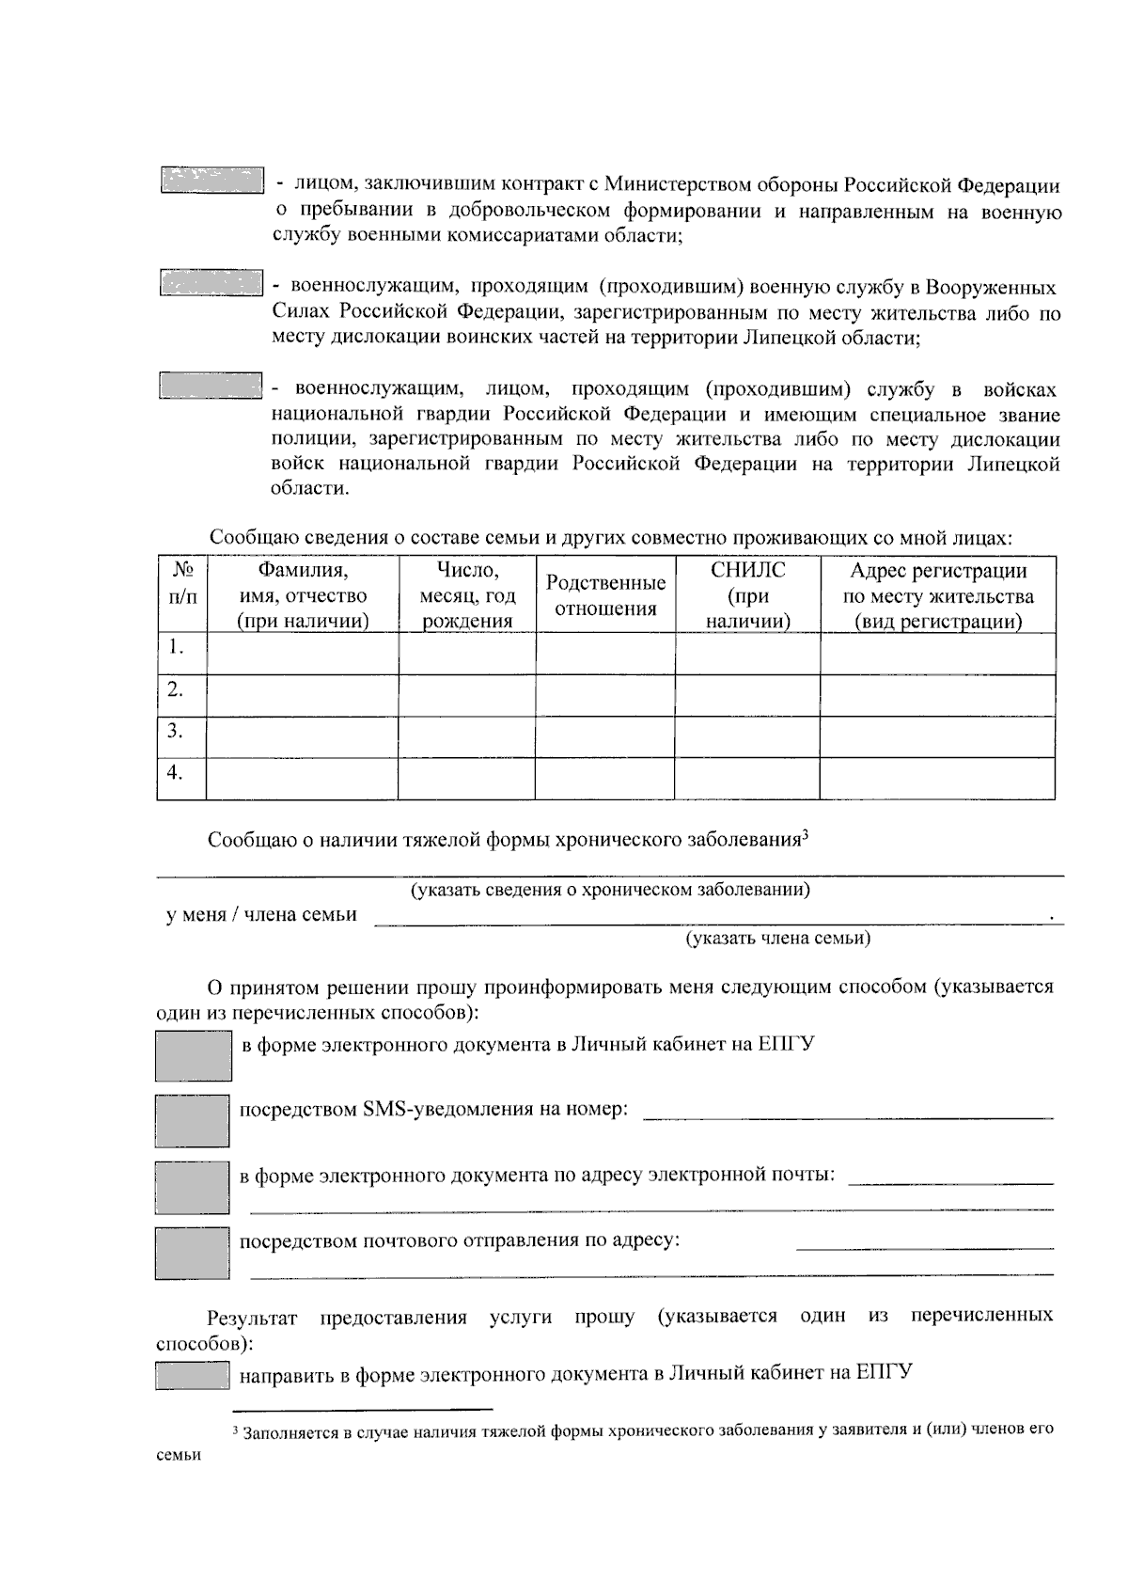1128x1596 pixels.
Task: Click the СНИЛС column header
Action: (x=747, y=595)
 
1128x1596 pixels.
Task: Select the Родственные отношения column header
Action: (x=605, y=595)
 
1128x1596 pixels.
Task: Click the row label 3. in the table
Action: (x=175, y=731)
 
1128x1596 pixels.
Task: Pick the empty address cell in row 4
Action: (x=937, y=778)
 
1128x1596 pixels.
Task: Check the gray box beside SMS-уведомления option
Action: (x=193, y=1120)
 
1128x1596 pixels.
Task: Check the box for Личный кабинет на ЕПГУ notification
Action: (x=193, y=1055)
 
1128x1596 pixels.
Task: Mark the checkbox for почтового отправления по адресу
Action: (x=193, y=1253)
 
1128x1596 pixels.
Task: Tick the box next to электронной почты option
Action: (x=193, y=1187)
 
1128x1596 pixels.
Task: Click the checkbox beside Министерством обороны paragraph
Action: (x=211, y=181)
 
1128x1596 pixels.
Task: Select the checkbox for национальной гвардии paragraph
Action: (x=211, y=386)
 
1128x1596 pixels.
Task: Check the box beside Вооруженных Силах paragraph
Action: (x=211, y=283)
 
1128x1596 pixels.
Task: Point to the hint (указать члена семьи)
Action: (x=777, y=939)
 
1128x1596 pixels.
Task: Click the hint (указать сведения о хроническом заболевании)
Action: (x=610, y=890)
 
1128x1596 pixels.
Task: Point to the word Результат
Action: (x=252, y=1316)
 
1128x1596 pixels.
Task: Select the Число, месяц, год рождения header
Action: (x=467, y=595)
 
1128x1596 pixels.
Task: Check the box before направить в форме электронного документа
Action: (x=193, y=1376)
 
